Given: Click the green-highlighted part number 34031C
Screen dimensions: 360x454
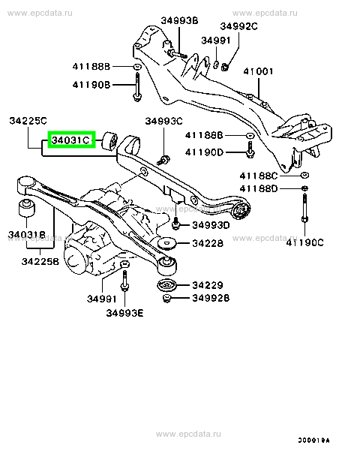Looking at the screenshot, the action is (71, 140).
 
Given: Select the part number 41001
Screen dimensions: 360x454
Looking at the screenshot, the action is (258, 71).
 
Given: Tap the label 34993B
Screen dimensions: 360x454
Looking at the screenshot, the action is (179, 20).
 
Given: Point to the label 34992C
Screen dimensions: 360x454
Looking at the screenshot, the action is (238, 26).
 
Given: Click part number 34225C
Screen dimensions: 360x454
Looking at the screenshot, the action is (28, 121).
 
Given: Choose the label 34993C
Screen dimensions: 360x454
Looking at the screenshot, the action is (163, 121).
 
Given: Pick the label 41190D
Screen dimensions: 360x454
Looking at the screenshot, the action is (204, 152).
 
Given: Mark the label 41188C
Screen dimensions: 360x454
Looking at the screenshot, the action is (259, 176).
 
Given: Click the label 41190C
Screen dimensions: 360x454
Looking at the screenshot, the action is (304, 242).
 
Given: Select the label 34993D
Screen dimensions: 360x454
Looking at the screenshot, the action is (211, 225).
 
